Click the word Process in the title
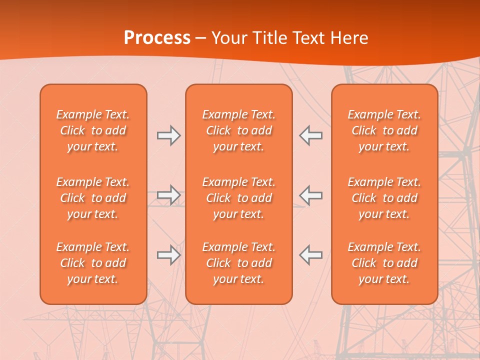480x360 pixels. click(x=157, y=38)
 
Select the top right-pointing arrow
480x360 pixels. click(x=169, y=135)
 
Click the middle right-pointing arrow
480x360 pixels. click(x=169, y=195)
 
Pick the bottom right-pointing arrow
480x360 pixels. click(x=169, y=255)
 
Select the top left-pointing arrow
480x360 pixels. click(x=310, y=135)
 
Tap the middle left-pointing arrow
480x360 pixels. click(x=310, y=195)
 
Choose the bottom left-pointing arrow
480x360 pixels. click(x=310, y=255)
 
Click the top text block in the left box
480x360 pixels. click(x=93, y=130)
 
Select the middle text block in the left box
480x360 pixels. click(x=93, y=198)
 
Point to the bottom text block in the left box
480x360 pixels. click(x=93, y=263)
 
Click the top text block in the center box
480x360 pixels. click(x=238, y=130)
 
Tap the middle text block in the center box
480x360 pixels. click(x=238, y=198)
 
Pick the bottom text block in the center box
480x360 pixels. click(x=238, y=263)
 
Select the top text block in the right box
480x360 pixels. click(x=384, y=130)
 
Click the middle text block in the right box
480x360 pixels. click(x=384, y=198)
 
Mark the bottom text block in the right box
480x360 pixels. click(x=384, y=263)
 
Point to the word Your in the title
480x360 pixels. click(x=227, y=38)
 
